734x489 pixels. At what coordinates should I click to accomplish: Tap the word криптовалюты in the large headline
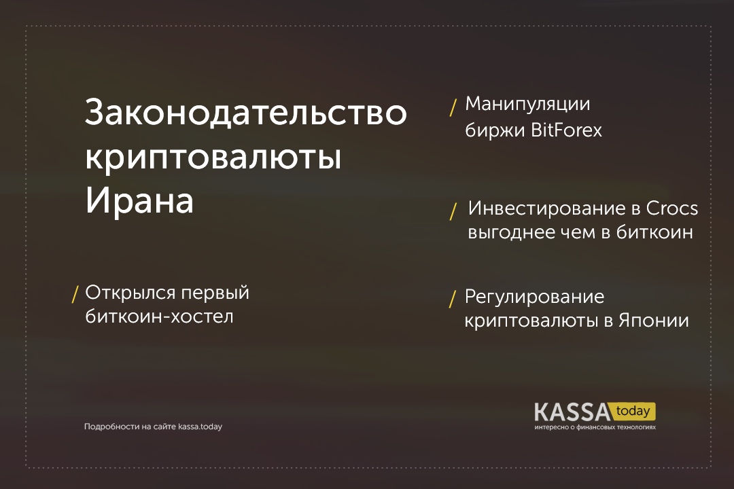coord(213,158)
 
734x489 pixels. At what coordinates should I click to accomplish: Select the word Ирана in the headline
coord(139,200)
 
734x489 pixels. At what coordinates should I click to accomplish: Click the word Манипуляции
coord(527,105)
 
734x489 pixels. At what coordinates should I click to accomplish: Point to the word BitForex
coord(566,130)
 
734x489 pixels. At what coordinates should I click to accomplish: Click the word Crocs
coord(671,209)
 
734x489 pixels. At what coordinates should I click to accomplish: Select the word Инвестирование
coord(554,209)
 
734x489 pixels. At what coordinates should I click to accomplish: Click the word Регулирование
coord(534,297)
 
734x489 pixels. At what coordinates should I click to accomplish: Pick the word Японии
coord(654,321)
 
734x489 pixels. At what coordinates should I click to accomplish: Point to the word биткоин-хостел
coord(159,316)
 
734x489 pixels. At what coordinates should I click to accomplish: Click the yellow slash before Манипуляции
coord(453,107)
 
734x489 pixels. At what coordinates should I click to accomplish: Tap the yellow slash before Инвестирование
coord(453,211)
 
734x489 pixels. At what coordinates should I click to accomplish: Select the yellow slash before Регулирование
coord(453,300)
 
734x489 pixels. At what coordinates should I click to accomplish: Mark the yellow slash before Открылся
coord(75,295)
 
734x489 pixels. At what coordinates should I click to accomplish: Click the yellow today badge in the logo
coord(633,412)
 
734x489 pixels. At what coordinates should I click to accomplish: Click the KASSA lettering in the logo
coord(572,412)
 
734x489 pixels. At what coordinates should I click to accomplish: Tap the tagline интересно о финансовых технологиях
coord(595,427)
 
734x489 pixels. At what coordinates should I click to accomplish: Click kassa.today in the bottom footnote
coord(200,427)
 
